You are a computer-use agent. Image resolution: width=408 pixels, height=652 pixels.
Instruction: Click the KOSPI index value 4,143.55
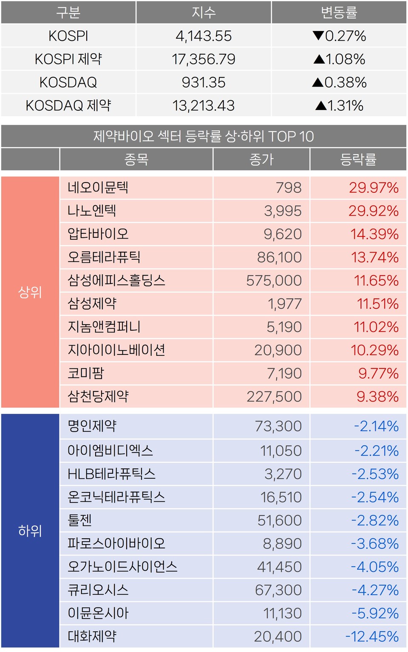[x=204, y=36]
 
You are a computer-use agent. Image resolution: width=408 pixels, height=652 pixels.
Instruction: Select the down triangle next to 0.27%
[x=318, y=36]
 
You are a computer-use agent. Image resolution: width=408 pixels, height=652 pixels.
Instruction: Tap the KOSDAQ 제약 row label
[x=68, y=105]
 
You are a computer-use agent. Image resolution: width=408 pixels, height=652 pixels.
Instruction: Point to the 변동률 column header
[x=339, y=12]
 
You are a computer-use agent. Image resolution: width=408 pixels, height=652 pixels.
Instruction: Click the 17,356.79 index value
[x=204, y=59]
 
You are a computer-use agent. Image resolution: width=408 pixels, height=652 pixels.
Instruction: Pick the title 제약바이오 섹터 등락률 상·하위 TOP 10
[x=204, y=136]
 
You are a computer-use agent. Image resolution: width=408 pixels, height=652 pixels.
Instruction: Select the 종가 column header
[x=261, y=160]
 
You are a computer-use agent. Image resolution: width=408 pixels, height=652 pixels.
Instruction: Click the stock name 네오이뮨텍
[x=98, y=188]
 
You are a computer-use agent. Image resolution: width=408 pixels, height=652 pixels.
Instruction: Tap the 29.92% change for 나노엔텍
[x=374, y=211]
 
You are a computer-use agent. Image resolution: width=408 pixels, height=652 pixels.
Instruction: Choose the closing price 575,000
[x=274, y=281]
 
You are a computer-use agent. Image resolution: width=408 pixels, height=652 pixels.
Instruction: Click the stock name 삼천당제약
[x=98, y=396]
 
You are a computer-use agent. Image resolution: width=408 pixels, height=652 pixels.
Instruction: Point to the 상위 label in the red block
[x=30, y=292]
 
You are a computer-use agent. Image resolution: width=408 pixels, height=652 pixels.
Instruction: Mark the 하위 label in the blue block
[x=30, y=531]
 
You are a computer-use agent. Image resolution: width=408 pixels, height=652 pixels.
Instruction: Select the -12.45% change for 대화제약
[x=372, y=636]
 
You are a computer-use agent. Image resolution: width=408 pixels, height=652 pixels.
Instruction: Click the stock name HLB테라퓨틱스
[x=111, y=474]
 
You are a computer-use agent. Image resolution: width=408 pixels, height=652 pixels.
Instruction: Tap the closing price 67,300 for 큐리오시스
[x=278, y=590]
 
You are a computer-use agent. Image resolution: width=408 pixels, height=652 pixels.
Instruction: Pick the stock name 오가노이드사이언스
[x=122, y=567]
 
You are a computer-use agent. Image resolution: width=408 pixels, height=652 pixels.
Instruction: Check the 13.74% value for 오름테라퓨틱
[x=374, y=257]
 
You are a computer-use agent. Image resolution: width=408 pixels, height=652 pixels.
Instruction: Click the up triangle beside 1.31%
[x=321, y=105]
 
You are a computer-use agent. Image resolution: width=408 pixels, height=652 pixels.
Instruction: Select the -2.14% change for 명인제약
[x=377, y=426]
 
